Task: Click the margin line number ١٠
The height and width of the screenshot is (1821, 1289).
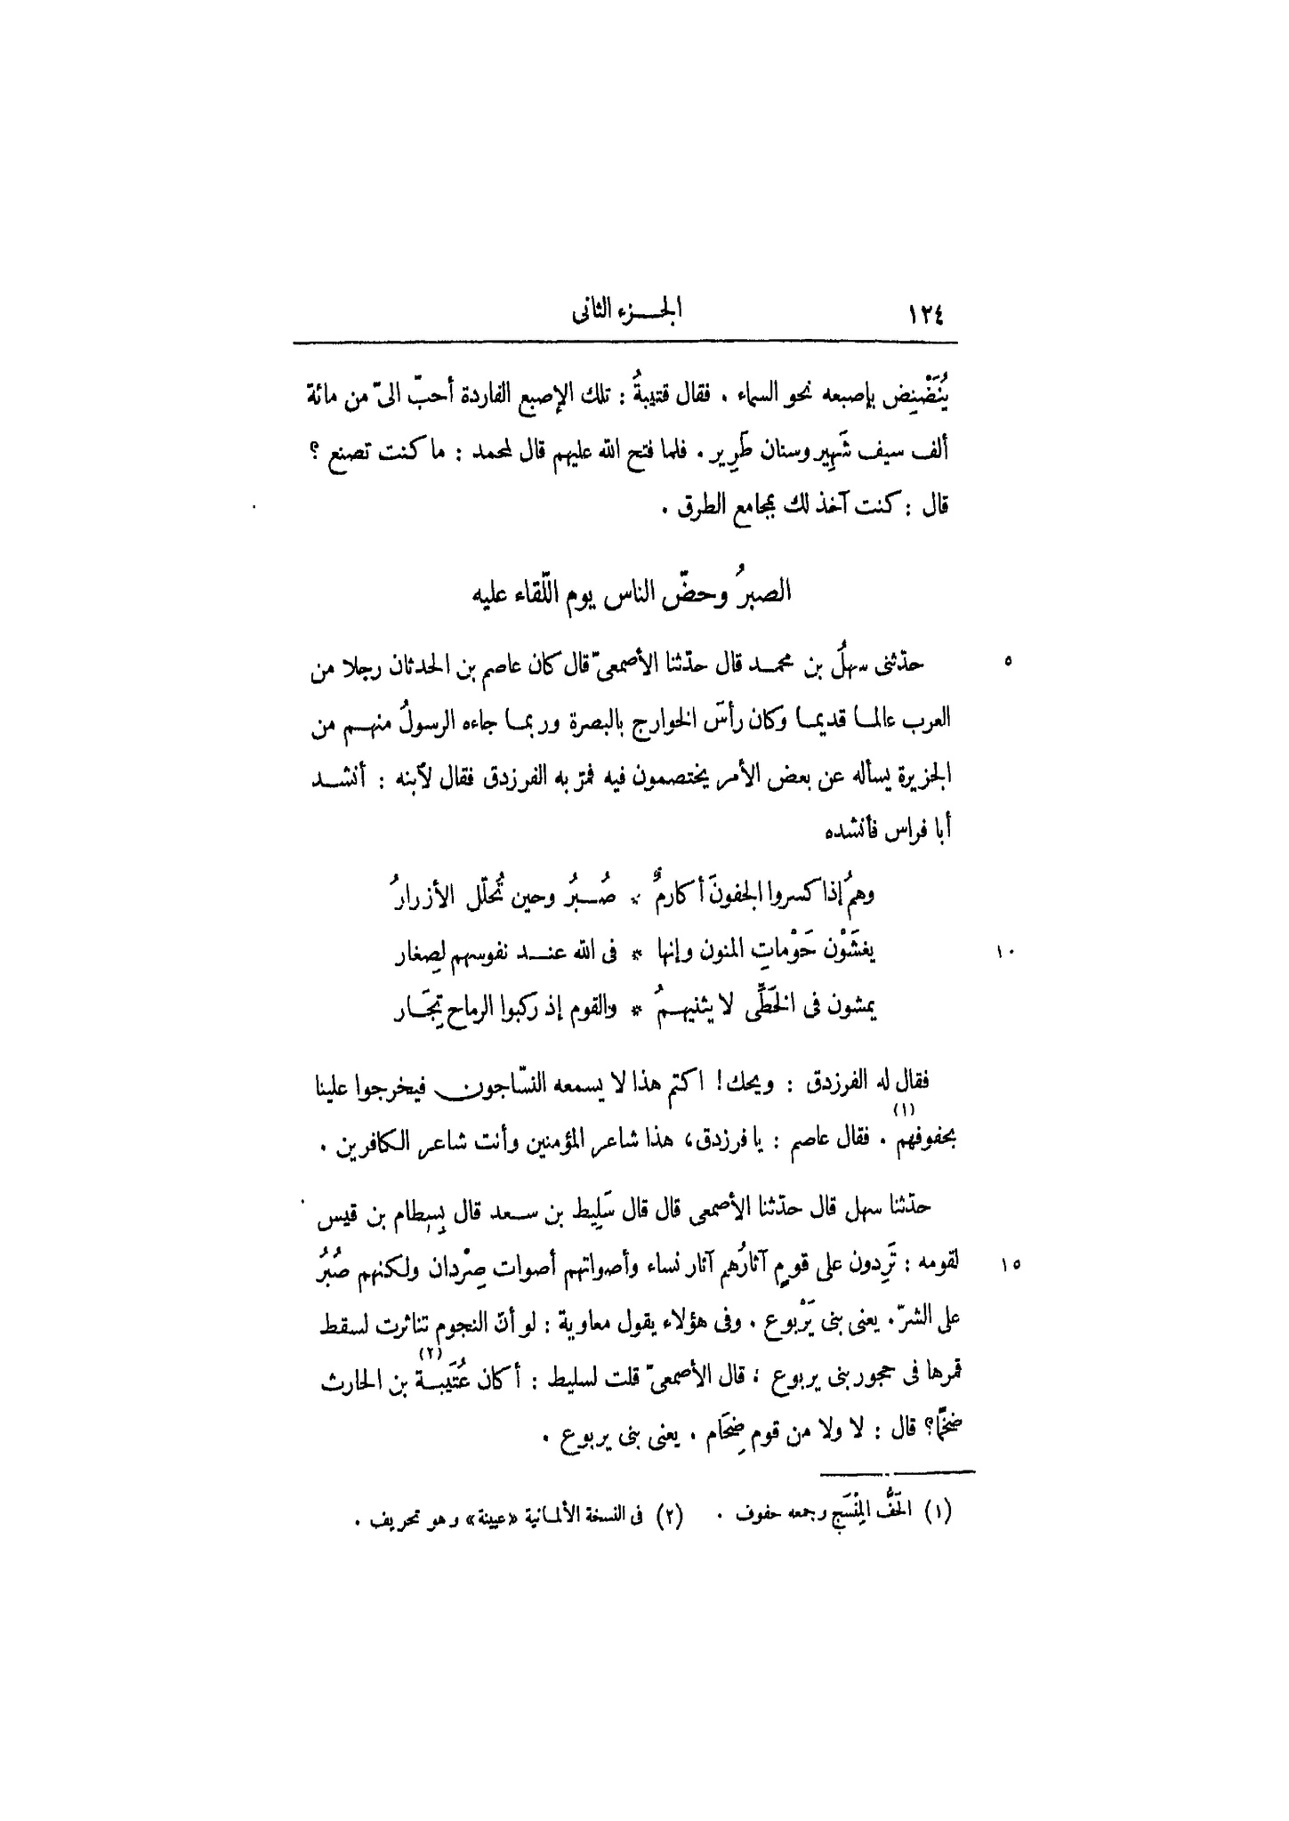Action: (x=1006, y=953)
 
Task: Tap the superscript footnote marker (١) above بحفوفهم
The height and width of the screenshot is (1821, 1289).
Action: (x=898, y=1110)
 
